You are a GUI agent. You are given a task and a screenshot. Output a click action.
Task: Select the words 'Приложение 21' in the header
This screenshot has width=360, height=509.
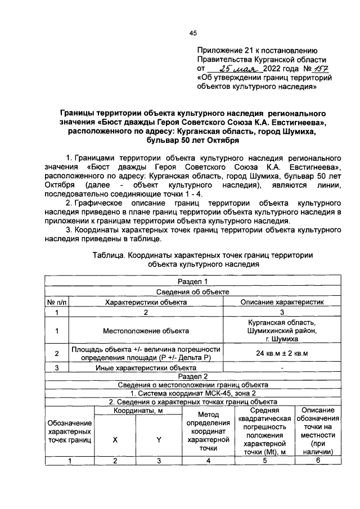point(223,49)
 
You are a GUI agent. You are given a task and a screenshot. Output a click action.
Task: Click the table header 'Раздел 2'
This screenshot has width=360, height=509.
point(192,376)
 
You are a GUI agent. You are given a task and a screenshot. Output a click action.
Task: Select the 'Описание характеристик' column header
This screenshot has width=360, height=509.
point(282,301)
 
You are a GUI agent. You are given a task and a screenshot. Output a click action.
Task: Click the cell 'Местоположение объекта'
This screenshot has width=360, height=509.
point(146,331)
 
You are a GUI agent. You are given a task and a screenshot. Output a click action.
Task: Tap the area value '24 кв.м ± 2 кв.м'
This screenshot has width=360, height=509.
point(282,353)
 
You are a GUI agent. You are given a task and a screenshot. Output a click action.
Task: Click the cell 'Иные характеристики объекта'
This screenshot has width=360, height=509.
point(146,367)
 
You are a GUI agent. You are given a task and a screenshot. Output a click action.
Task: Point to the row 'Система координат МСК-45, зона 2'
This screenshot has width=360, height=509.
point(192,393)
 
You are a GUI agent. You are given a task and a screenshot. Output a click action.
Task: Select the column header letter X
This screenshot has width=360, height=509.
point(115,440)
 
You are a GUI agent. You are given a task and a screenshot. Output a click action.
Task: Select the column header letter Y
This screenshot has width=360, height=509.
point(159,440)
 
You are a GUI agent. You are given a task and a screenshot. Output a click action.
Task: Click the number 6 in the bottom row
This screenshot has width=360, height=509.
point(318,461)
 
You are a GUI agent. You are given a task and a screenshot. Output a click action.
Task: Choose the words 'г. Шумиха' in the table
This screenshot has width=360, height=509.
point(282,340)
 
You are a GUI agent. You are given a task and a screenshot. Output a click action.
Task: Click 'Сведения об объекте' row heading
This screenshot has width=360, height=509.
point(192,291)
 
